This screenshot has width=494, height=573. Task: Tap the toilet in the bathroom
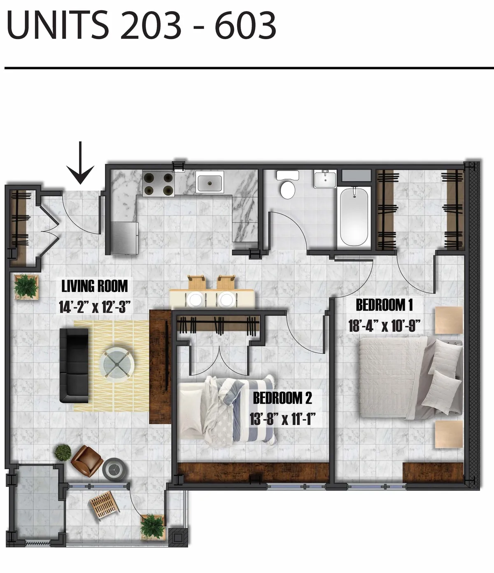[287, 185]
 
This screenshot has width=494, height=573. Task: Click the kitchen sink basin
[211, 182]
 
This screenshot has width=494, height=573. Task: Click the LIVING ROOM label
[95, 286]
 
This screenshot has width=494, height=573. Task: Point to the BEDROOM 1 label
[384, 305]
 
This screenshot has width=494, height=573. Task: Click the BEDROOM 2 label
[282, 398]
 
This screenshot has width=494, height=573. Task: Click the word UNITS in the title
[58, 26]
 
